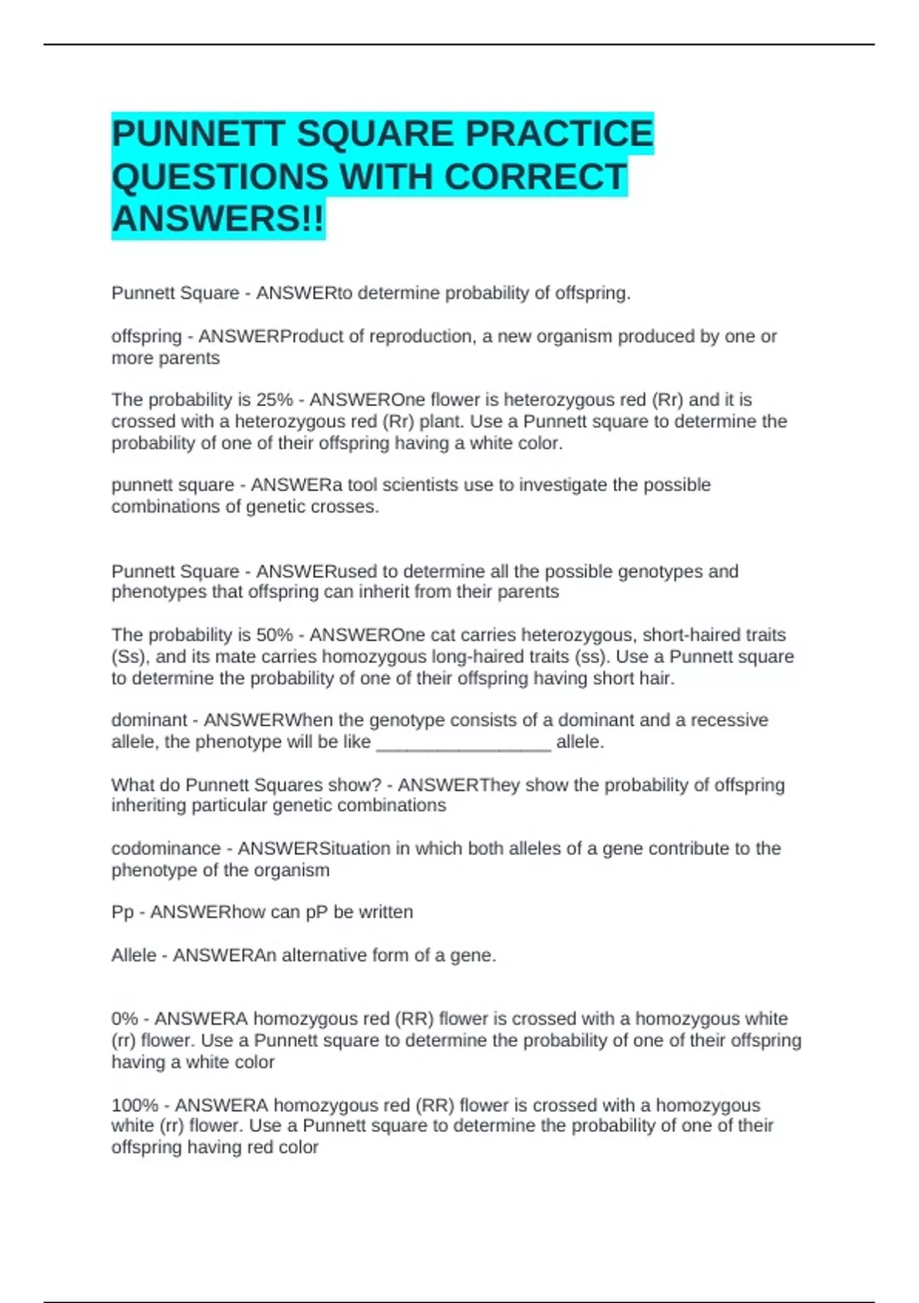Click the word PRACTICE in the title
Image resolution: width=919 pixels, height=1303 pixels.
[559, 134]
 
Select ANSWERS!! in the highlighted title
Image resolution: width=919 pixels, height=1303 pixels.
[218, 219]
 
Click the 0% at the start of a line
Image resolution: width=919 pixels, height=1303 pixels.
[125, 1019]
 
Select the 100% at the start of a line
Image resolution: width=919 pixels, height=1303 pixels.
[135, 1105]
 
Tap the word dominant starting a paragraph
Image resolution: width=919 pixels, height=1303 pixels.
[149, 720]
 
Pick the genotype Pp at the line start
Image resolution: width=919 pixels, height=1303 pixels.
[123, 912]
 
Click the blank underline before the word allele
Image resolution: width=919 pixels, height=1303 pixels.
[463, 743]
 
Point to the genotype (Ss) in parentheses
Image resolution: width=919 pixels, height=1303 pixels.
[127, 657]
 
